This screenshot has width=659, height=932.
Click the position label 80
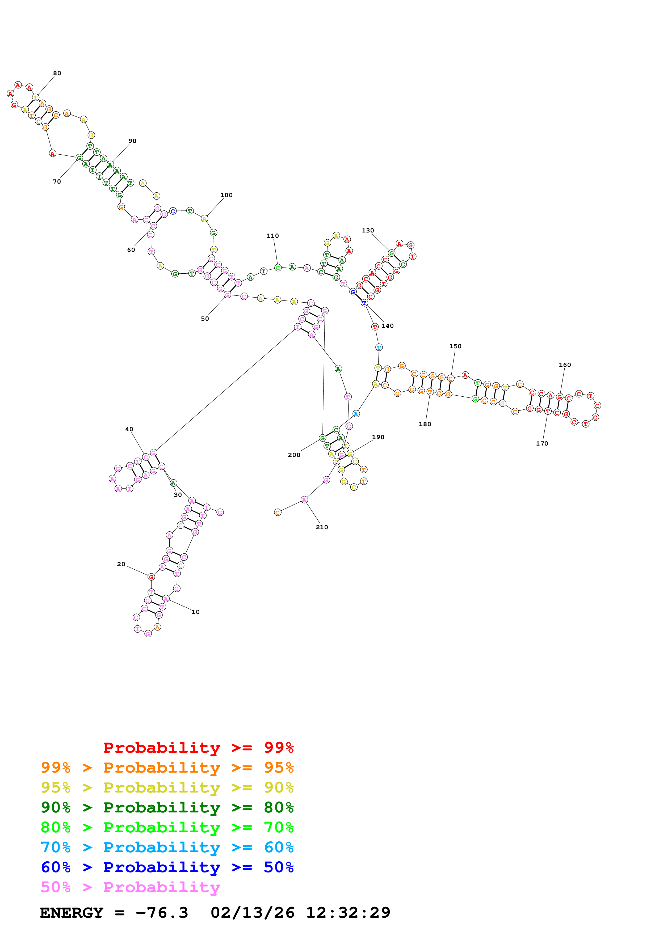(x=57, y=73)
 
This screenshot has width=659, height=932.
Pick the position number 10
(x=195, y=612)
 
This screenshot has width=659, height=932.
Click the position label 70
(x=57, y=181)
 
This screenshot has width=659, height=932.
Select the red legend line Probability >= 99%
(x=198, y=747)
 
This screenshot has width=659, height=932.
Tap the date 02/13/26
(x=252, y=913)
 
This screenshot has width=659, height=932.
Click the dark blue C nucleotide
(x=173, y=211)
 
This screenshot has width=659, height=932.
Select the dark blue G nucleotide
(x=353, y=292)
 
